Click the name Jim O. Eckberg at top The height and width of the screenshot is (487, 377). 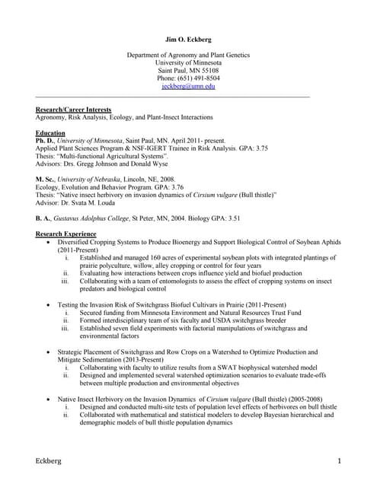(188, 37)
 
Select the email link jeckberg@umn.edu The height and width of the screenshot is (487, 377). (188, 87)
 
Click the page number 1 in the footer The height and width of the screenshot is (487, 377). (338, 462)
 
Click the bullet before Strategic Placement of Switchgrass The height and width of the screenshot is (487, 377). (50, 353)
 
